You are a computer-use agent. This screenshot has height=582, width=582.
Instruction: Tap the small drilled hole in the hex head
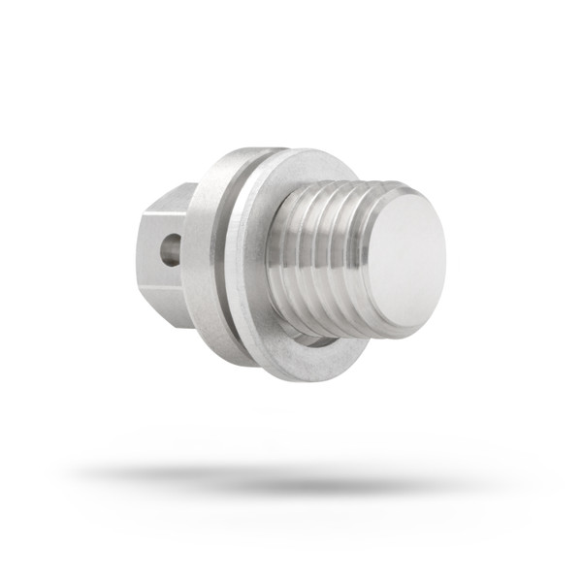(x=170, y=249)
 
